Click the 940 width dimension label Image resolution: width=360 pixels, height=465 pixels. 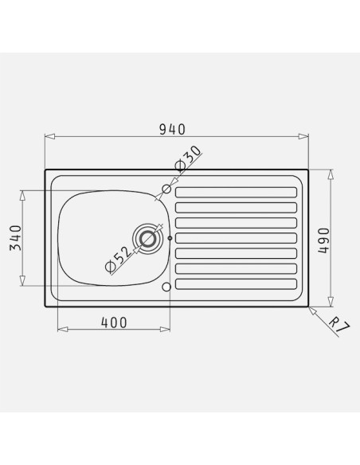[x=172, y=129]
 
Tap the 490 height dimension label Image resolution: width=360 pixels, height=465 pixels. [x=323, y=240]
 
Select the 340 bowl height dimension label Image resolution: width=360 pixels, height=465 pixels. [x=16, y=238]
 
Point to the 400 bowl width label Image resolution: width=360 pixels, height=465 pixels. [x=114, y=322]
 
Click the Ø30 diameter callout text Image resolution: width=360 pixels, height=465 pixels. [x=188, y=158]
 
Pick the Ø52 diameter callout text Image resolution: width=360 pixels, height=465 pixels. [x=118, y=260]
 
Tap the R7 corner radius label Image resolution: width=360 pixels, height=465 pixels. [x=339, y=325]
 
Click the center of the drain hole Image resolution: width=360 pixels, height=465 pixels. [x=147, y=239]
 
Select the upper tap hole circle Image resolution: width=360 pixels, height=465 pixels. [x=167, y=189]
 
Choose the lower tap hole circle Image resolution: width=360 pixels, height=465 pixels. [x=167, y=287]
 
